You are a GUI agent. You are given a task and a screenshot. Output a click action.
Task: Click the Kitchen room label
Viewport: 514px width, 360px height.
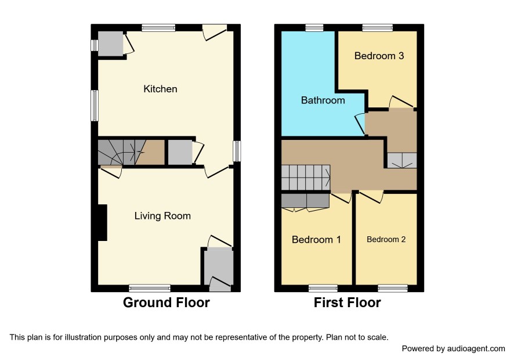[160, 89]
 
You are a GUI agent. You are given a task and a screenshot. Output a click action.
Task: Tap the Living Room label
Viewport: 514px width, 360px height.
[162, 216]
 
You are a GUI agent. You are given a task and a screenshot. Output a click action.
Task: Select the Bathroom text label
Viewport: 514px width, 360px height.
[323, 100]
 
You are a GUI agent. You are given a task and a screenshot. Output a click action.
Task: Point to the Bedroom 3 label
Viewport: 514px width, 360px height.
[379, 56]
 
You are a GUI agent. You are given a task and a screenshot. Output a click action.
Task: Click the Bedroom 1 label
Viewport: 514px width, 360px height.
[316, 240]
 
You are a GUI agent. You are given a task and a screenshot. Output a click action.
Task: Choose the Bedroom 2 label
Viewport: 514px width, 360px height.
[386, 240]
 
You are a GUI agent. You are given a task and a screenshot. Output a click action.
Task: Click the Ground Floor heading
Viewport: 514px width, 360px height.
[166, 303]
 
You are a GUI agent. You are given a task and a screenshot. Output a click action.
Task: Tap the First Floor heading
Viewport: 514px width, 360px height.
[348, 303]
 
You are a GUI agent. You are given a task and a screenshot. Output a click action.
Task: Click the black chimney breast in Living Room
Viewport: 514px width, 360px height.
[103, 223]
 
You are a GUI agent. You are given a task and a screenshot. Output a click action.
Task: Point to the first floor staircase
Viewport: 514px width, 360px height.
[306, 178]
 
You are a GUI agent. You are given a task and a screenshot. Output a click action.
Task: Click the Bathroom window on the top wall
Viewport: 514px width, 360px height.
[314, 28]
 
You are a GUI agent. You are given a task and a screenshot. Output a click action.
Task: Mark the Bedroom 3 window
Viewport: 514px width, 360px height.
[377, 28]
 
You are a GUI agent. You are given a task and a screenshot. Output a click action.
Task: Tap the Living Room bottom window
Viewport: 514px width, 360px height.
[150, 289]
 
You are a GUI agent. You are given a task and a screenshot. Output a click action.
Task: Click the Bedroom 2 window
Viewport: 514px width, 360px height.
[393, 289]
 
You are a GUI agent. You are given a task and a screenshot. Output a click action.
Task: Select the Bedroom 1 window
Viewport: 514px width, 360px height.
[323, 289]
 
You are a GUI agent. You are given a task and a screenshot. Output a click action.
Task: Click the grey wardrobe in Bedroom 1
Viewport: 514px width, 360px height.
[305, 201]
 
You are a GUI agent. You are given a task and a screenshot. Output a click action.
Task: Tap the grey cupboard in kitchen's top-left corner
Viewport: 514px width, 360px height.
[110, 44]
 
